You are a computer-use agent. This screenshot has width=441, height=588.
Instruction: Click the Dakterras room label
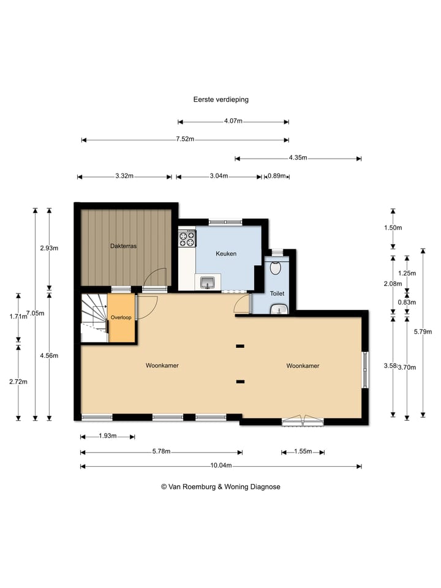click(123, 246)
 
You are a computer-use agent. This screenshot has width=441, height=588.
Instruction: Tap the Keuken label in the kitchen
click(226, 254)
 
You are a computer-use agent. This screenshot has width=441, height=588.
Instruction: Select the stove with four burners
click(187, 238)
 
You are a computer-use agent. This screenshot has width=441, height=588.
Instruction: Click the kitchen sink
click(208, 282)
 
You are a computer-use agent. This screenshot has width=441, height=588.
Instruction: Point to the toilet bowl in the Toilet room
click(276, 268)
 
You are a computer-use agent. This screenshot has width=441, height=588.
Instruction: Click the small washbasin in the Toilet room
click(279, 309)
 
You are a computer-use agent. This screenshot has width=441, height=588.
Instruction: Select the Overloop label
click(121, 317)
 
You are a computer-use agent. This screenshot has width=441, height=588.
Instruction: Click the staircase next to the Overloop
click(94, 318)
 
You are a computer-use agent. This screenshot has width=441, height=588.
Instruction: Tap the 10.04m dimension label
click(221, 466)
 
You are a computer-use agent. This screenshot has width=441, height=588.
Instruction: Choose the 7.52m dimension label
click(185, 139)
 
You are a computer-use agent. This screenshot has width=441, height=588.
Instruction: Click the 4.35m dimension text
click(298, 157)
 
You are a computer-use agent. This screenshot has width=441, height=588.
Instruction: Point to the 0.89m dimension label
click(277, 176)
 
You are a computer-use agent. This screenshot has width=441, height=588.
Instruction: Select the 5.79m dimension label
click(423, 331)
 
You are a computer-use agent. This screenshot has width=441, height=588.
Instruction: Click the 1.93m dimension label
click(108, 435)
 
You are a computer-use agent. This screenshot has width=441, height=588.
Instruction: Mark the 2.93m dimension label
click(49, 248)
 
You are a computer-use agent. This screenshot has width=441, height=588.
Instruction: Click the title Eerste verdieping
click(221, 99)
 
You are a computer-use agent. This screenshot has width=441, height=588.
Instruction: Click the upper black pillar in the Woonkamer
click(240, 346)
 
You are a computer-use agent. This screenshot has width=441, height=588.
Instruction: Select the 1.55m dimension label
click(303, 451)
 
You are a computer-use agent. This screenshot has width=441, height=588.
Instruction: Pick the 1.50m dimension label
click(393, 228)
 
